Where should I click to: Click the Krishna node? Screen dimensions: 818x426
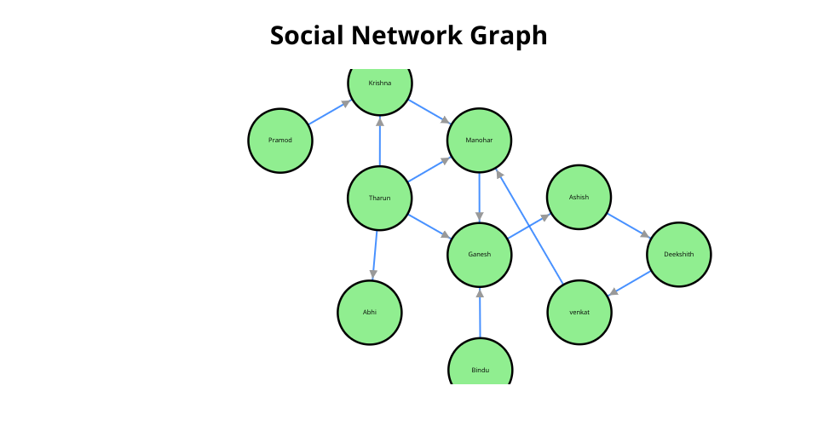coord(380,86)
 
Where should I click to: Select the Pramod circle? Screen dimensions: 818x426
coord(280,141)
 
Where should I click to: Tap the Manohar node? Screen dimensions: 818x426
coord(480,141)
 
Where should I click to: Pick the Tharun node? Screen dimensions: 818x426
coord(380,199)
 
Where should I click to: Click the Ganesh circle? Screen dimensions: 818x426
coord(480,255)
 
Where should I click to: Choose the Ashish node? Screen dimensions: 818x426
coord(579,197)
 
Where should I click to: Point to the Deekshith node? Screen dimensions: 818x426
coord(679,255)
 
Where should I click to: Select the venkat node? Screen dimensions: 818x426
coord(579,313)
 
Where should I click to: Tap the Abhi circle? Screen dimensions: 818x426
coord(369,313)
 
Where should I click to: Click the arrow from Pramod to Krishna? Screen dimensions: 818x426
coord(330,112)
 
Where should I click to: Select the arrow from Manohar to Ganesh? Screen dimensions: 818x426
coord(480,198)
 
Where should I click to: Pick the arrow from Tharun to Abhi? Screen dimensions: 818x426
coord(375,256)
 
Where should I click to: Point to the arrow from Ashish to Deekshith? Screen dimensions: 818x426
coord(629,226)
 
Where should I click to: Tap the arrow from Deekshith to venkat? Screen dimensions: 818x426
coord(629,283)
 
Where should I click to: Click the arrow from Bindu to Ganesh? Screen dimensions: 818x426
coord(480,313)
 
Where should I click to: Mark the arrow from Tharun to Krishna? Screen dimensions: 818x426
coord(380,141)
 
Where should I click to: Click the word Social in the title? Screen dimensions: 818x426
coord(307,36)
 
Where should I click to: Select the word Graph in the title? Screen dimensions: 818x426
coord(509,37)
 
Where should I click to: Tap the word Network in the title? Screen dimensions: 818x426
coord(407,36)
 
